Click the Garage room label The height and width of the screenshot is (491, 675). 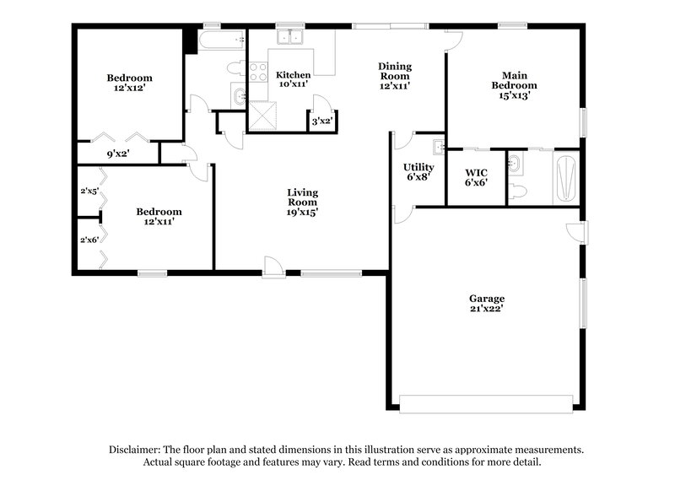coord(487,299)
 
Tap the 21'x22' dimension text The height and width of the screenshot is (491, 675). coord(487,309)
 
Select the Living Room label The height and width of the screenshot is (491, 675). coord(302,197)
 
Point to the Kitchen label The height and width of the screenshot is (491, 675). coord(293,75)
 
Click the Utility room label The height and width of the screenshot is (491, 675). coord(418,167)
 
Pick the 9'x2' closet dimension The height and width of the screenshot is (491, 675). coord(117,154)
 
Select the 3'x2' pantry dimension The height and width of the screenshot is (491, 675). coord(321,121)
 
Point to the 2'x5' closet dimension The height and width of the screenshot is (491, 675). coord(89,191)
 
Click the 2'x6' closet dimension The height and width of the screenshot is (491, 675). coord(89,239)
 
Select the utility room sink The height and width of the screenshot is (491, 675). coord(438,147)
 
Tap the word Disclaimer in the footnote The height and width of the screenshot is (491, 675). coord(135,451)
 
